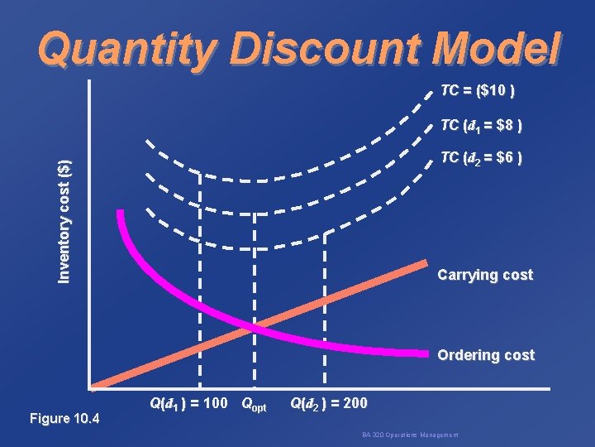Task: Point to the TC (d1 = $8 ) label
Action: click(x=480, y=126)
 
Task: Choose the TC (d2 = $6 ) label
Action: click(x=480, y=157)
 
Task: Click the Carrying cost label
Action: click(x=485, y=275)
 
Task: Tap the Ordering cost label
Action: click(x=486, y=355)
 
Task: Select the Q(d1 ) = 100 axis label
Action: click(x=188, y=405)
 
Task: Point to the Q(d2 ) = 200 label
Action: click(x=328, y=405)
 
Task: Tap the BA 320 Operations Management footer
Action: click(x=410, y=435)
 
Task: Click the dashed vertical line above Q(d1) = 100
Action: click(x=201, y=273)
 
